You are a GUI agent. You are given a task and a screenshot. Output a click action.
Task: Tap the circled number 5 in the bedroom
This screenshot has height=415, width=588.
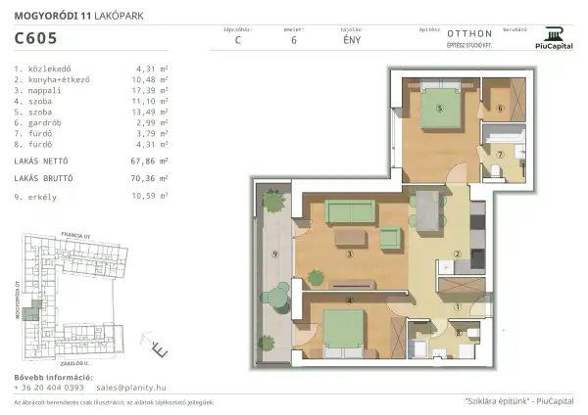(x=440, y=109)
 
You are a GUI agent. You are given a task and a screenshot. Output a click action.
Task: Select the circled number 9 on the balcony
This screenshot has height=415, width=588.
(x=275, y=254)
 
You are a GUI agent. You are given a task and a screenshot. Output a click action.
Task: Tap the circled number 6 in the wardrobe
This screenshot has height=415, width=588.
(x=498, y=109)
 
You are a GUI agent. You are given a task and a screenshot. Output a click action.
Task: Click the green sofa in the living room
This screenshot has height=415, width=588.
(x=350, y=210)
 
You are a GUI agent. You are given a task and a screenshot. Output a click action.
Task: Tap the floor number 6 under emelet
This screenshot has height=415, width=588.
(x=294, y=41)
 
